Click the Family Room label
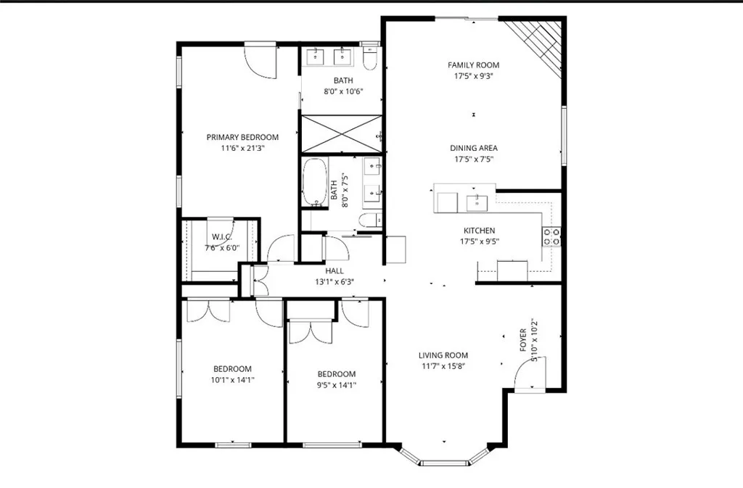[473, 65]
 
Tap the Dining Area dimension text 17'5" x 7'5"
[473, 160]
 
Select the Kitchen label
[479, 231]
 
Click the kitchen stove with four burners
[551, 236]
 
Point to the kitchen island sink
[477, 202]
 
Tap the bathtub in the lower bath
[315, 181]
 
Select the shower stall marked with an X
[341, 133]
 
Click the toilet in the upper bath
[370, 58]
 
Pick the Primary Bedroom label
[242, 137]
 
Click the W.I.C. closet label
[221, 236]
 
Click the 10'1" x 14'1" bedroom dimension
[232, 379]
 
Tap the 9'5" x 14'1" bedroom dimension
[337, 385]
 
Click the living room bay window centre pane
[444, 463]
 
